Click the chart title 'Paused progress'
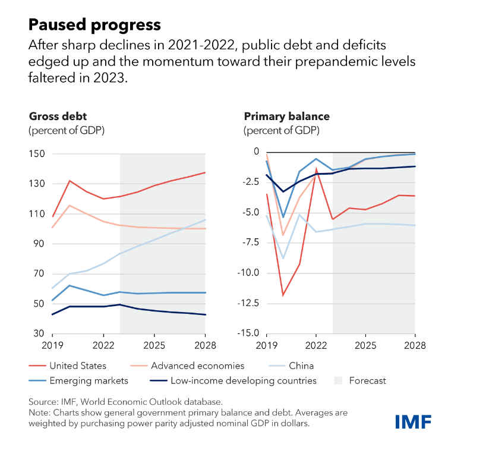click(x=94, y=24)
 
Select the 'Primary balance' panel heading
click(x=286, y=116)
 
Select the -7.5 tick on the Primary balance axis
click(x=250, y=242)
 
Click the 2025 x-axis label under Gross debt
click(x=154, y=345)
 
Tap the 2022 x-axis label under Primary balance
click(x=316, y=345)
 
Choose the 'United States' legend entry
click(x=77, y=366)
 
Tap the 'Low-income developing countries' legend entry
click(x=243, y=380)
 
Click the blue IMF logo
click(x=413, y=421)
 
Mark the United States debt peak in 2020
click(x=70, y=181)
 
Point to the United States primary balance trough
click(x=283, y=295)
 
